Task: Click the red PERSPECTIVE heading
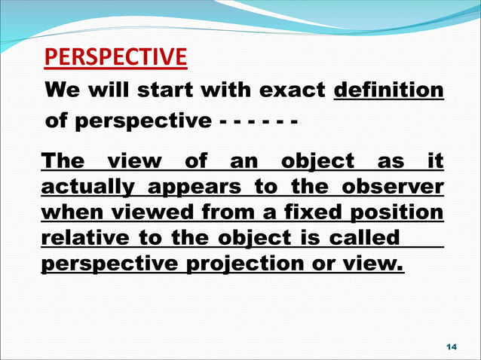(116, 57)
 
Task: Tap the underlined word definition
(388, 91)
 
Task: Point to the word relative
(82, 239)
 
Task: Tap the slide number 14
(452, 346)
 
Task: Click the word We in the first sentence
(63, 91)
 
